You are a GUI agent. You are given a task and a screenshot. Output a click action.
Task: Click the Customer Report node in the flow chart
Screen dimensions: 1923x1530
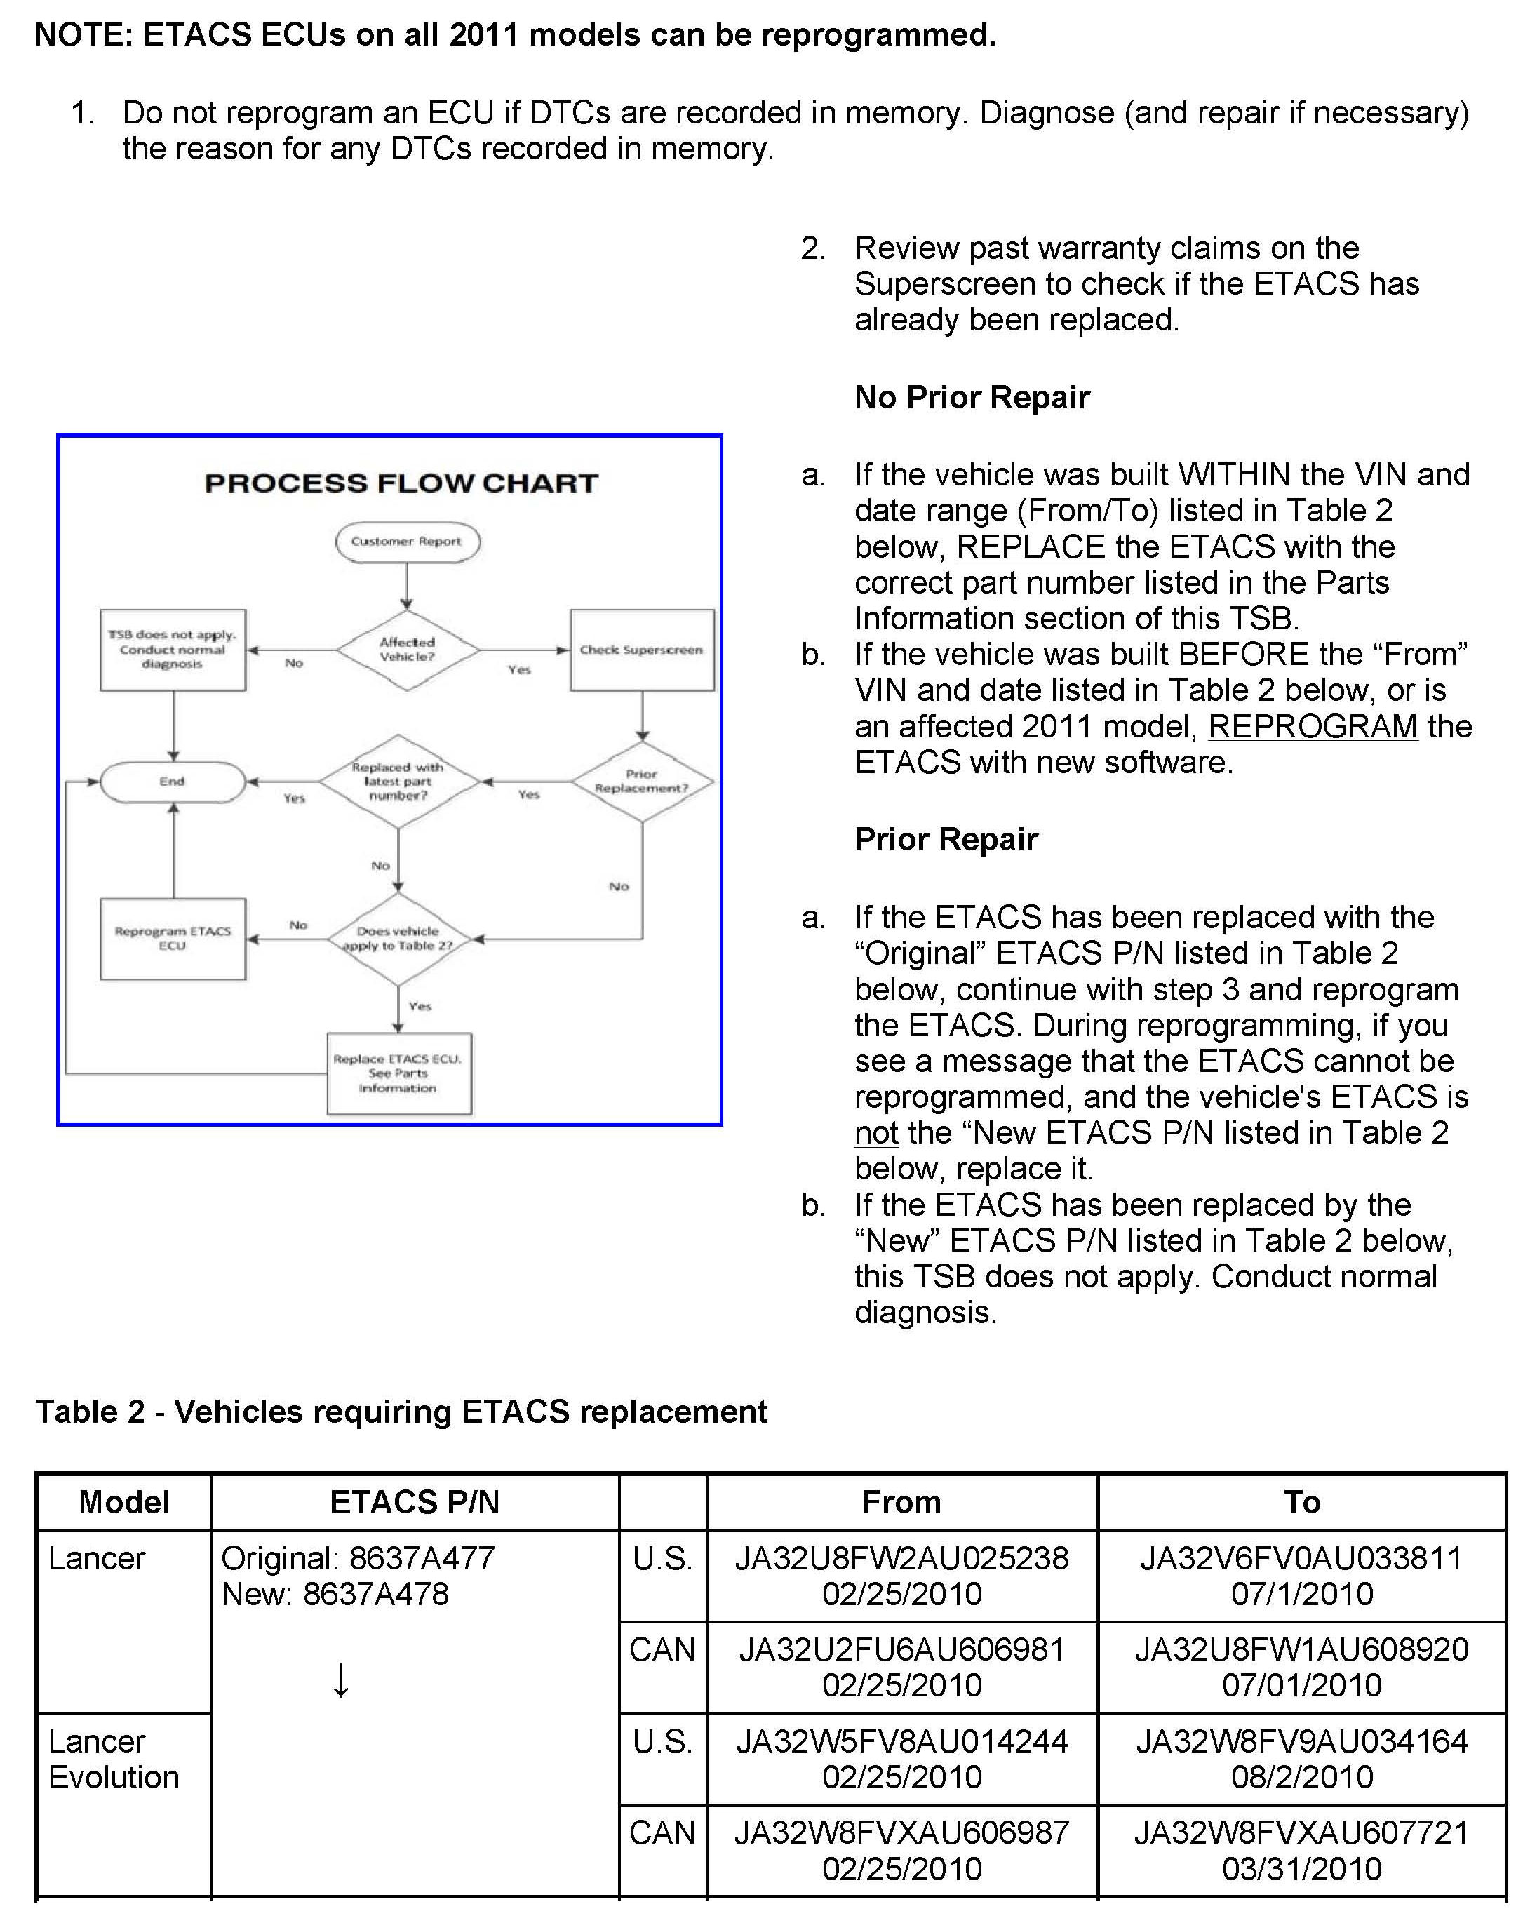coord(407,542)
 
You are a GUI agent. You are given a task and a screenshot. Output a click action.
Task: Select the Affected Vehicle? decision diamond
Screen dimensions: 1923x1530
coord(407,650)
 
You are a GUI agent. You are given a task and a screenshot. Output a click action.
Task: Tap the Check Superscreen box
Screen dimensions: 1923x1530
coord(641,650)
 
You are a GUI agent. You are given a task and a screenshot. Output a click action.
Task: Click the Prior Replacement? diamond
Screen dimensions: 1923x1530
coord(641,782)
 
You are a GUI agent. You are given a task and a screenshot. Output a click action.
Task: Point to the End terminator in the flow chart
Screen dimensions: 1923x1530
coord(172,782)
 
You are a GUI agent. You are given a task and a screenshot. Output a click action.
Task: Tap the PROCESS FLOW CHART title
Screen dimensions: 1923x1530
coord(401,483)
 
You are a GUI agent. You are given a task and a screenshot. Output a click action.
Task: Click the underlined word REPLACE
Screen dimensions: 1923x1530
coord(1030,547)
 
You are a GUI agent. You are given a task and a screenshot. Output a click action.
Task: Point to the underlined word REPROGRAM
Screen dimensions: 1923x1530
coord(1312,727)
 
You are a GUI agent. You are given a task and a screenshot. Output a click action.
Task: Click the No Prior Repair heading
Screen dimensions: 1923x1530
coord(972,397)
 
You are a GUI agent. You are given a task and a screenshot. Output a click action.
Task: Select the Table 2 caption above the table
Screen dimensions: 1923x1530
coord(401,1412)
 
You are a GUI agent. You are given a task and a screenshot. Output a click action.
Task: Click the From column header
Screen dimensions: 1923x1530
coord(901,1502)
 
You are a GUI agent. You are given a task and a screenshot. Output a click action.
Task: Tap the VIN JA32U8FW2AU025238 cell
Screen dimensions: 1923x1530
coord(901,1558)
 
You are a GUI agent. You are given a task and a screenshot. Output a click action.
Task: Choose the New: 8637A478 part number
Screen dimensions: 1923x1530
coord(335,1594)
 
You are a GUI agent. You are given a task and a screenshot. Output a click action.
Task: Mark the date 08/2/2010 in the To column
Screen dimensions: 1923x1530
coord(1302,1777)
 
